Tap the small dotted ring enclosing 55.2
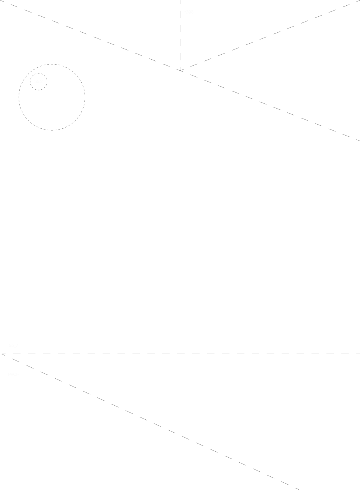pyautogui.click(x=38, y=73)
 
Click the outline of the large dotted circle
pyautogui.click(x=85, y=97)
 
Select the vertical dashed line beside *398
pyautogui.click(x=180, y=38)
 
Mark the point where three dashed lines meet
pyautogui.click(x=181, y=70)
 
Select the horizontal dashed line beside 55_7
pyautogui.click(x=190, y=354)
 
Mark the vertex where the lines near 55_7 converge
pyautogui.click(x=3, y=354)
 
